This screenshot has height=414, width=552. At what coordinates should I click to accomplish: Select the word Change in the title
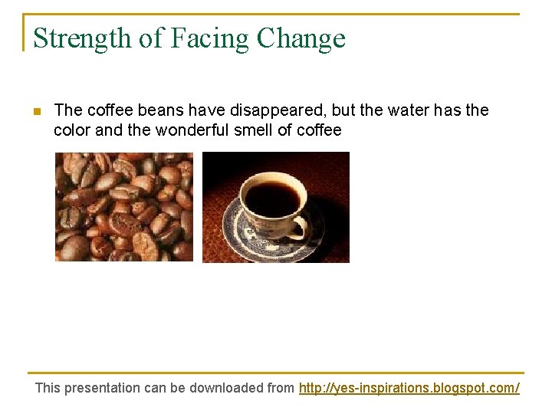[x=301, y=38]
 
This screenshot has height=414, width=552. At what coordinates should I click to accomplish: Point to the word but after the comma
[x=343, y=110]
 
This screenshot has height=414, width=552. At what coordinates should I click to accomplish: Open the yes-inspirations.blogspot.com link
[x=409, y=388]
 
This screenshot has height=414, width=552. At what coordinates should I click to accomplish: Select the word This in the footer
[x=48, y=388]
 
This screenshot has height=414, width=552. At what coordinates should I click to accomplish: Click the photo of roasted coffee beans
[x=123, y=207]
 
